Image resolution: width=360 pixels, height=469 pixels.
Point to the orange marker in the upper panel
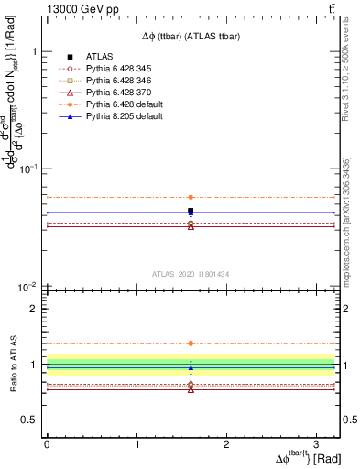[x=191, y=197]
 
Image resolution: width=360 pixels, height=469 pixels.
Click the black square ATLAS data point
[x=191, y=212]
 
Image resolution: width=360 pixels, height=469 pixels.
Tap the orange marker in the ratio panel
[x=191, y=344]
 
